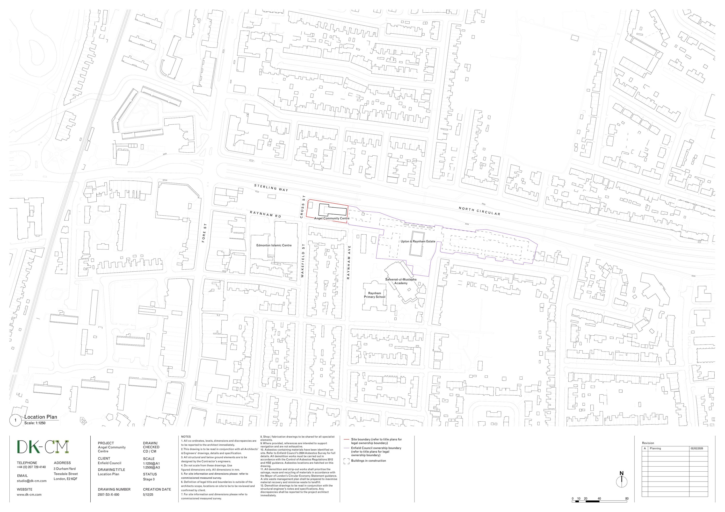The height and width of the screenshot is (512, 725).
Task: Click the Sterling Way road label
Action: click(x=271, y=188)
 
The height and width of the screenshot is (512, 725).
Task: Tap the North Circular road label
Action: click(x=479, y=211)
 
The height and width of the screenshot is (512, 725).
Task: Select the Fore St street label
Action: click(x=204, y=237)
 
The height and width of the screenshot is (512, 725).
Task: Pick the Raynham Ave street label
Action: click(x=349, y=262)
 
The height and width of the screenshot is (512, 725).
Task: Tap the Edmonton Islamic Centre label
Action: click(x=274, y=245)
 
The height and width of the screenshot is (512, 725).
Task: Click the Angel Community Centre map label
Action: click(x=332, y=218)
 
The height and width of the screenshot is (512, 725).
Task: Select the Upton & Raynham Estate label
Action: click(x=418, y=241)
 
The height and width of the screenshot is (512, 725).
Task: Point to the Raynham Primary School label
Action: click(x=375, y=295)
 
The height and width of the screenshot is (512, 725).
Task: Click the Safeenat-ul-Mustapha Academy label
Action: click(x=401, y=281)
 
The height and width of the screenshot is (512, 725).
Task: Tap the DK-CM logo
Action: click(x=43, y=447)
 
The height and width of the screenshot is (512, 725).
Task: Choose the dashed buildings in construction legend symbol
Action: click(x=346, y=461)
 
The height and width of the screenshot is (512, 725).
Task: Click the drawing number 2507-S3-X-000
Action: click(x=108, y=495)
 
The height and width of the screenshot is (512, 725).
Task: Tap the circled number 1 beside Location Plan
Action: click(x=15, y=420)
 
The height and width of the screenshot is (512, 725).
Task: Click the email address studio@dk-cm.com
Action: click(x=32, y=481)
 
